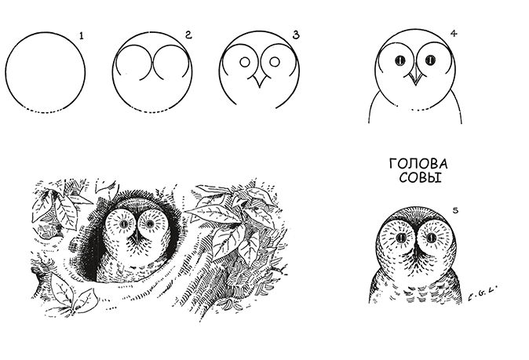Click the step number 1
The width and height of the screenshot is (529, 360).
click(x=81, y=35)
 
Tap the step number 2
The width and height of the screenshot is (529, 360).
click(x=188, y=35)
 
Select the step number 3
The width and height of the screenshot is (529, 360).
click(x=296, y=35)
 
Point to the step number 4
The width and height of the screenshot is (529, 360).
click(x=454, y=34)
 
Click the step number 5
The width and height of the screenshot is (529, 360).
click(x=455, y=211)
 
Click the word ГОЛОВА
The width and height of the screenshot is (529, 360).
click(x=418, y=164)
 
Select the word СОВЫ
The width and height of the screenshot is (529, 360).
click(x=421, y=177)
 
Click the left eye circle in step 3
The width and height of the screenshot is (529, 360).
click(x=245, y=62)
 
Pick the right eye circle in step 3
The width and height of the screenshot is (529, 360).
click(x=275, y=62)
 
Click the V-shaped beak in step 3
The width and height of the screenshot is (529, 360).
click(x=260, y=82)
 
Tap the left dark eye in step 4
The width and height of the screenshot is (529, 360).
click(x=400, y=60)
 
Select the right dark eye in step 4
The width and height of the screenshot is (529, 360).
click(x=430, y=60)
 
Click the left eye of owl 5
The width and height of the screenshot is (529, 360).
click(x=401, y=238)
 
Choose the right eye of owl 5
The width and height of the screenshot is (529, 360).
click(x=431, y=238)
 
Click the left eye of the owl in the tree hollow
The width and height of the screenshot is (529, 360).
click(x=122, y=223)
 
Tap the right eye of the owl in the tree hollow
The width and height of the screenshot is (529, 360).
click(x=148, y=223)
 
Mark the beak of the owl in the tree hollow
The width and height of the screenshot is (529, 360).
click(x=137, y=238)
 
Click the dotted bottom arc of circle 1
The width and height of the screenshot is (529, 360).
click(x=45, y=111)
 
